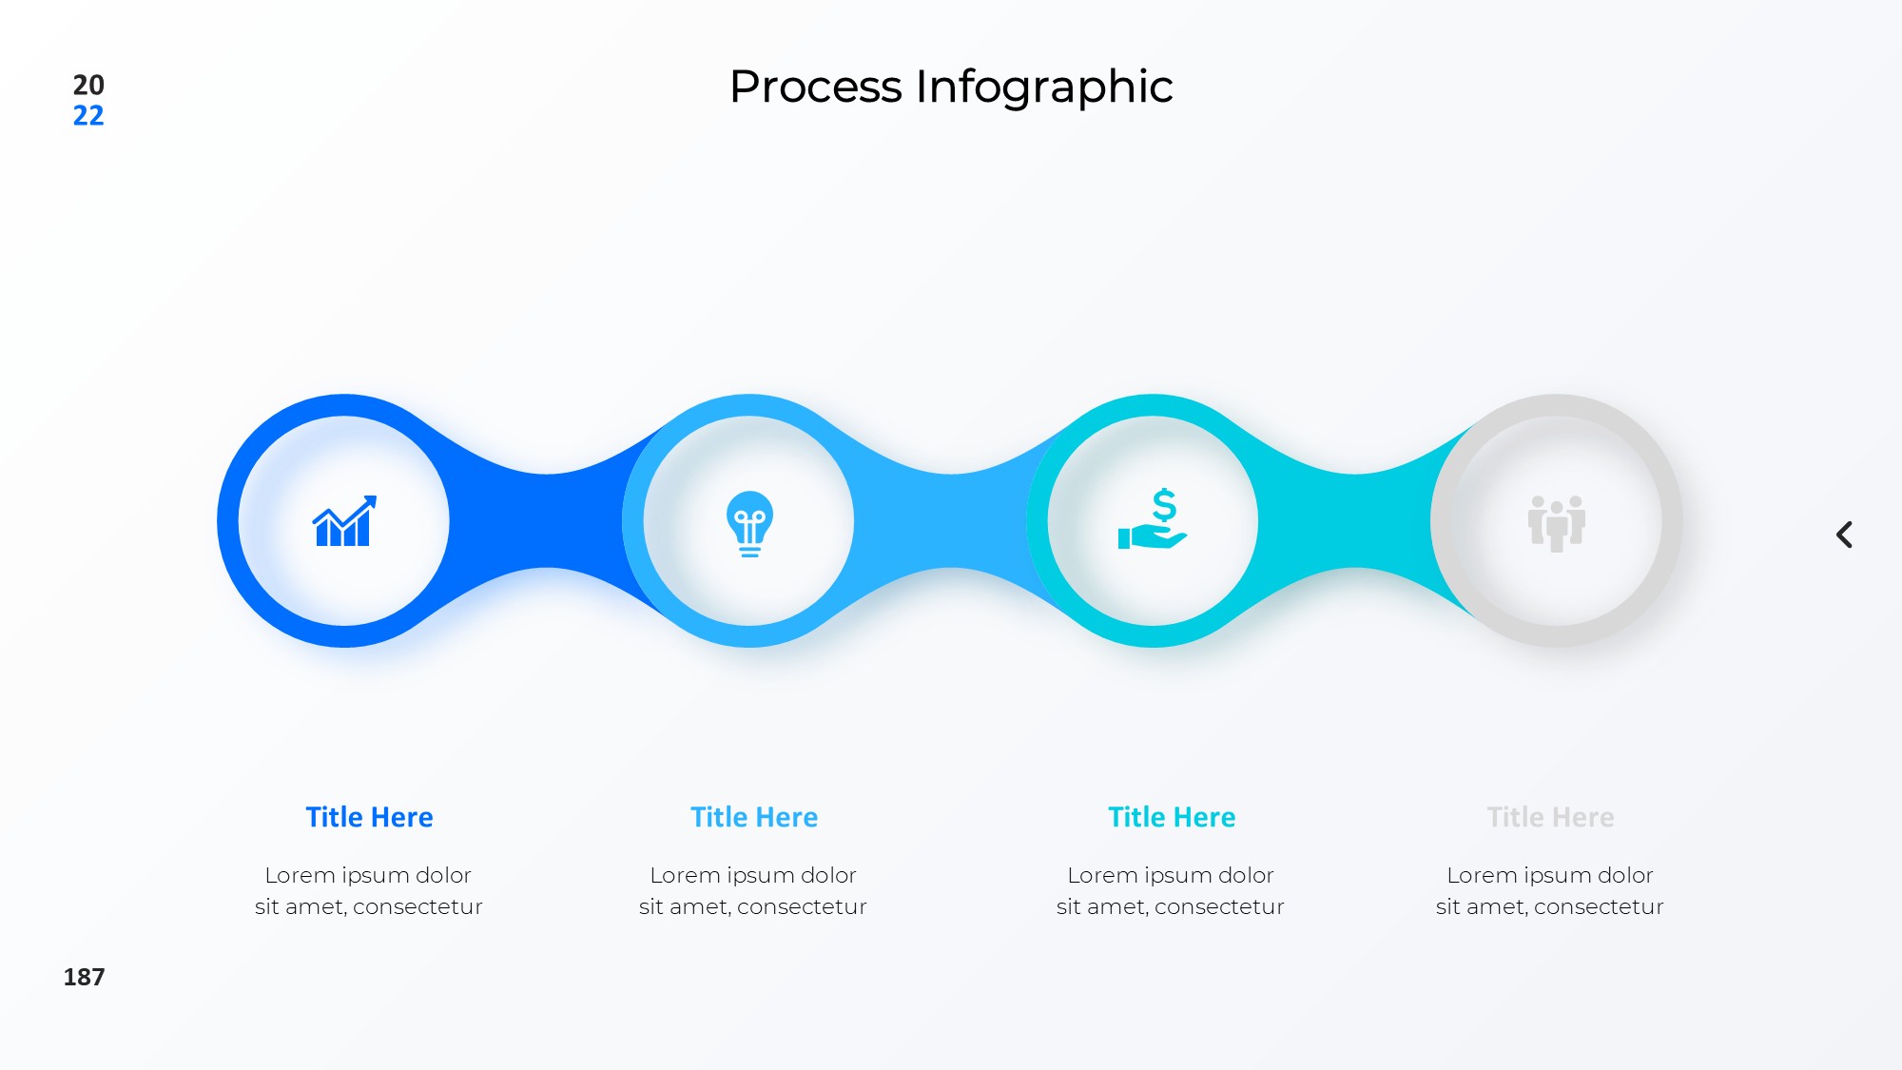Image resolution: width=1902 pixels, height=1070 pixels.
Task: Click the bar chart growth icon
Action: coord(344,521)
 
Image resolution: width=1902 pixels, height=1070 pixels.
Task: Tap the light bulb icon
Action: coord(749,523)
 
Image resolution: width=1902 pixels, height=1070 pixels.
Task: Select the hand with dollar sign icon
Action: coord(1153,519)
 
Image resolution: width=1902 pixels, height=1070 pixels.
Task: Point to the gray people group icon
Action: coord(1557,523)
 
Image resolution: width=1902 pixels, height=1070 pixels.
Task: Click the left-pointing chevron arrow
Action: coord(1844,535)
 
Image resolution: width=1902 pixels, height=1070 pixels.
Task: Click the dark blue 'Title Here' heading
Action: coord(369,817)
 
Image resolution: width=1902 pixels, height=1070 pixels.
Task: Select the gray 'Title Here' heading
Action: coord(1550,817)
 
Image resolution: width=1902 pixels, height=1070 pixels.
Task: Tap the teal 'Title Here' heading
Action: coord(1172,817)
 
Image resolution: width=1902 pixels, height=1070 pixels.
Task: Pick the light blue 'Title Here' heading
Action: coord(754,817)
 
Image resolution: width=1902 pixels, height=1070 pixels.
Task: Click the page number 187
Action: coord(84,977)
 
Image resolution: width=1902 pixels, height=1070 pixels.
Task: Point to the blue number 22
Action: coord(88,116)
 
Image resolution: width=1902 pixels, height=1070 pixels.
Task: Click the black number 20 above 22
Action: coord(88,85)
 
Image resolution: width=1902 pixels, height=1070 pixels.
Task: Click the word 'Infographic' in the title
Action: coord(1044,88)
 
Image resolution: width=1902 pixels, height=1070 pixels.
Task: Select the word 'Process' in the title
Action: coord(816,87)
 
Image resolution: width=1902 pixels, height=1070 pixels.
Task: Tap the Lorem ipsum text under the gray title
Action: coord(1550,890)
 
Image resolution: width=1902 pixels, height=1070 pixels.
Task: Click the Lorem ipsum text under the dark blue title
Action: coord(369,890)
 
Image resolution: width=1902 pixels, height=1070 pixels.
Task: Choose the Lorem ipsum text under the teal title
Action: coord(1171,890)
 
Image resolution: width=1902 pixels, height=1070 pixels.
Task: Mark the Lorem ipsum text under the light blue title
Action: coord(753,890)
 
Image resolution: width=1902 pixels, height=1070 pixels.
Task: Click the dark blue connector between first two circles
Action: coord(547,520)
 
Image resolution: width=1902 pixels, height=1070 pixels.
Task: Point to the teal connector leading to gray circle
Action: coord(1355,520)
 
